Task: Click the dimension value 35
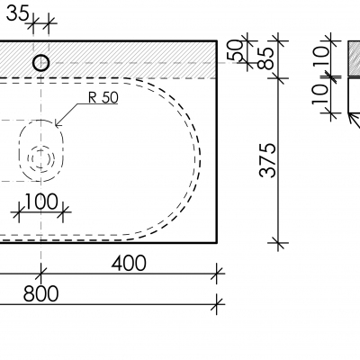pyautogui.click(x=18, y=13)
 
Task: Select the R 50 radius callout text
pyautogui.click(x=103, y=97)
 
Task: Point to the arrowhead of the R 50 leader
pyautogui.click(x=57, y=124)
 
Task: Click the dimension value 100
pyautogui.click(x=40, y=202)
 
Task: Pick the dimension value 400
pyautogui.click(x=129, y=264)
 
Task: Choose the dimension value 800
pyautogui.click(x=40, y=293)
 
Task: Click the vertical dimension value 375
pyautogui.click(x=267, y=160)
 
